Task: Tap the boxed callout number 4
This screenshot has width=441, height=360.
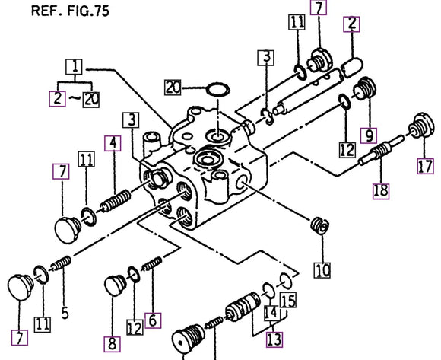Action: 112,142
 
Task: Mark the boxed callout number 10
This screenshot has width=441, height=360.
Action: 322,270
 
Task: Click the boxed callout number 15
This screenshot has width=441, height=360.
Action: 287,301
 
